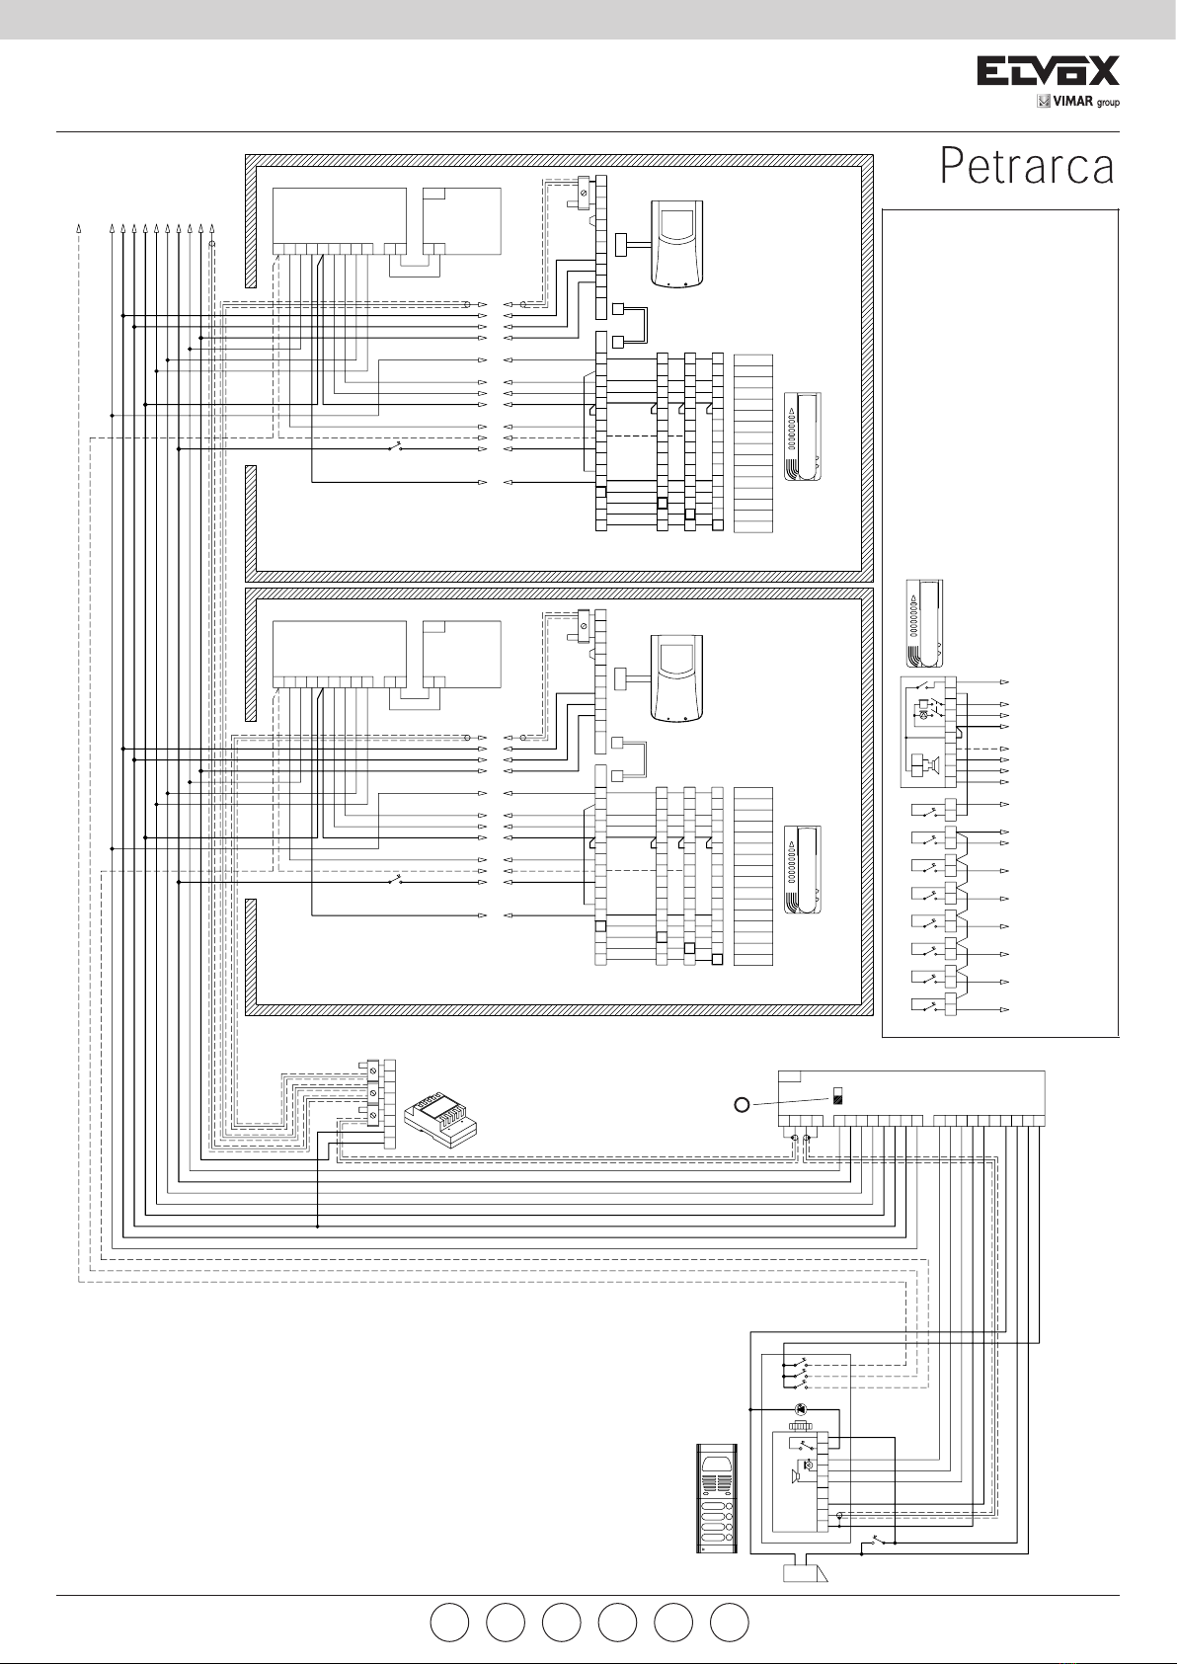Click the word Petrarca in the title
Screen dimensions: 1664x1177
(x=1027, y=167)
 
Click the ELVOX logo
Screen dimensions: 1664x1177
(x=1048, y=71)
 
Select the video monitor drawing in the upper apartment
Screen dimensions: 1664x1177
(x=676, y=243)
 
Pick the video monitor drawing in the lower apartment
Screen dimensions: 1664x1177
(x=676, y=677)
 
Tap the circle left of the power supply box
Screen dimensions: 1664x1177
(x=743, y=1104)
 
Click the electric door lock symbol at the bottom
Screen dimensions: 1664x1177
(x=806, y=1573)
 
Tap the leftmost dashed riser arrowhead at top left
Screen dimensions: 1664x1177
(x=78, y=230)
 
